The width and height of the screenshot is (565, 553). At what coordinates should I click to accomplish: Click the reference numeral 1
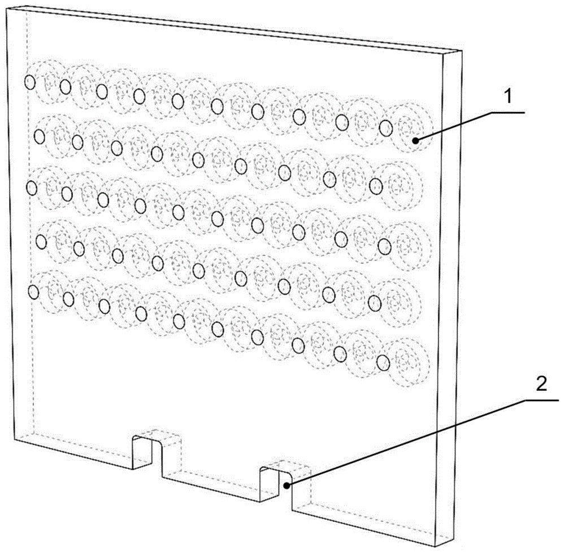[x=508, y=97]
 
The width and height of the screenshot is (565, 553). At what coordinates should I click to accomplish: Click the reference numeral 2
[x=541, y=384]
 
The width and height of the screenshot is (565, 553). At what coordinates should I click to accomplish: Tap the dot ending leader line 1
[x=416, y=141]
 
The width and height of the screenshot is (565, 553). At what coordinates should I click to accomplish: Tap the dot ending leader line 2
[x=286, y=486]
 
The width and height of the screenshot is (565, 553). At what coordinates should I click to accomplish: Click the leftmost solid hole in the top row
[x=30, y=82]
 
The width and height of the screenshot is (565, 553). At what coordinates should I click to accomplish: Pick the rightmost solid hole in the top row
[x=385, y=127]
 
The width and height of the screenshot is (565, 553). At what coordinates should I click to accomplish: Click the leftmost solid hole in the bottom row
[x=33, y=292]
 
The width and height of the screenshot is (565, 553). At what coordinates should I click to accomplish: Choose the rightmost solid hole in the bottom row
[x=384, y=363]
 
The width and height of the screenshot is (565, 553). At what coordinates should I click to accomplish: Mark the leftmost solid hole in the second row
[x=40, y=137]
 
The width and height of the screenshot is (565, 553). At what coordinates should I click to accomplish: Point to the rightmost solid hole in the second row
[x=376, y=186]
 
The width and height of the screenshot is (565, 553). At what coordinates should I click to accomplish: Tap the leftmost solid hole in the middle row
[x=32, y=188]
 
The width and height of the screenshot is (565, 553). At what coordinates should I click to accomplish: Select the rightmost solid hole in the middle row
[x=384, y=246]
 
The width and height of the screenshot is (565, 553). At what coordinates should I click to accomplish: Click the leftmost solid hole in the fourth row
[x=41, y=241]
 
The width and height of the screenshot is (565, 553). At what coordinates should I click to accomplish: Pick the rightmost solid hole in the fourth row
[x=375, y=303]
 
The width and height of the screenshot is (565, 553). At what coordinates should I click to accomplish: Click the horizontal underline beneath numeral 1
[x=506, y=113]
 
